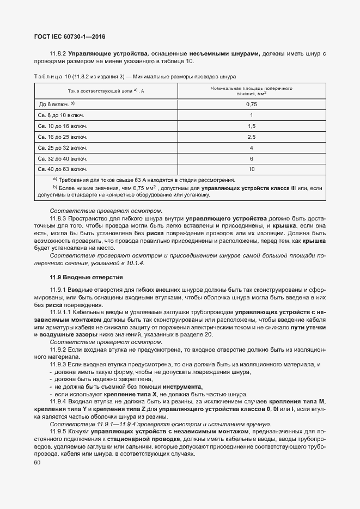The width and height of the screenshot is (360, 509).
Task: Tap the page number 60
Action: click(38, 463)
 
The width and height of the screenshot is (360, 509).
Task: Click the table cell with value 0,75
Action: click(251, 104)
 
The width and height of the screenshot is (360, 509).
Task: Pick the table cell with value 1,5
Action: click(251, 126)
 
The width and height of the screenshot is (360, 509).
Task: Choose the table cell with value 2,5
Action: click(251, 137)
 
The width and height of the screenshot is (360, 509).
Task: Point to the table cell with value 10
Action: click(251, 169)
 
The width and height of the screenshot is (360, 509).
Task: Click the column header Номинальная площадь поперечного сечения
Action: click(251, 90)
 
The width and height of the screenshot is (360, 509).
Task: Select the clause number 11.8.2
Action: click(58, 53)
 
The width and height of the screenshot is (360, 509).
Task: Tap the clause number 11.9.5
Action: click(58, 431)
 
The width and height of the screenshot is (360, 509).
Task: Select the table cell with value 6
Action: click(251, 158)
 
